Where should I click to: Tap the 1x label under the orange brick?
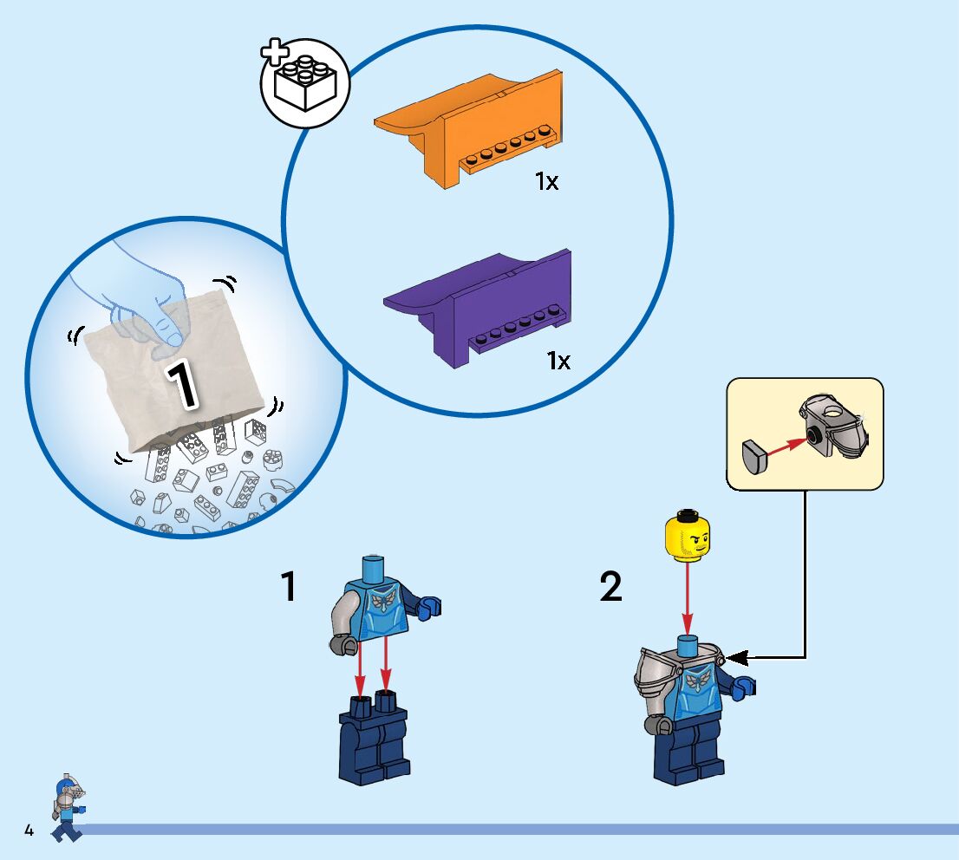[x=546, y=182]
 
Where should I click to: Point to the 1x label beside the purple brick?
[x=558, y=361]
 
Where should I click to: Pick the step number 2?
[x=611, y=588]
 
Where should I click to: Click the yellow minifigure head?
[x=687, y=536]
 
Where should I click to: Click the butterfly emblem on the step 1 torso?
[x=382, y=601]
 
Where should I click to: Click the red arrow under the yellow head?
[x=687, y=598]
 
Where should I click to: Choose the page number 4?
[x=29, y=831]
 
